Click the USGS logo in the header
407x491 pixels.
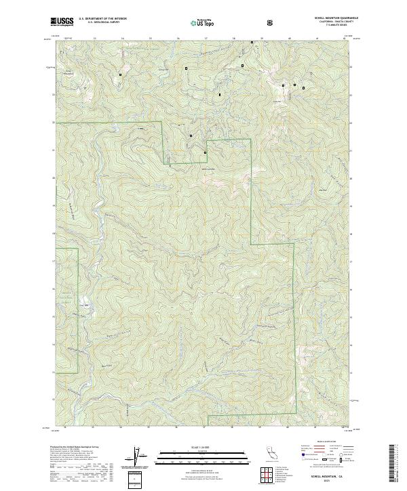62,22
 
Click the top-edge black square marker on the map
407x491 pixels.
252,43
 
